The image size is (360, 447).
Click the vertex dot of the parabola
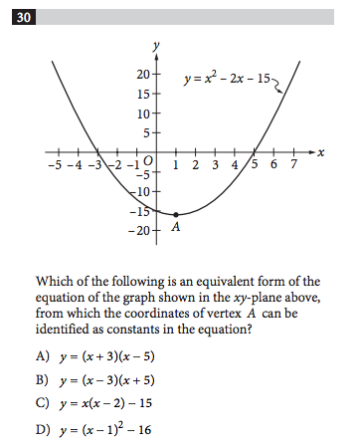pyautogui.click(x=176, y=215)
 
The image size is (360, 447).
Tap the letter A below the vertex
pyautogui.click(x=175, y=228)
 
